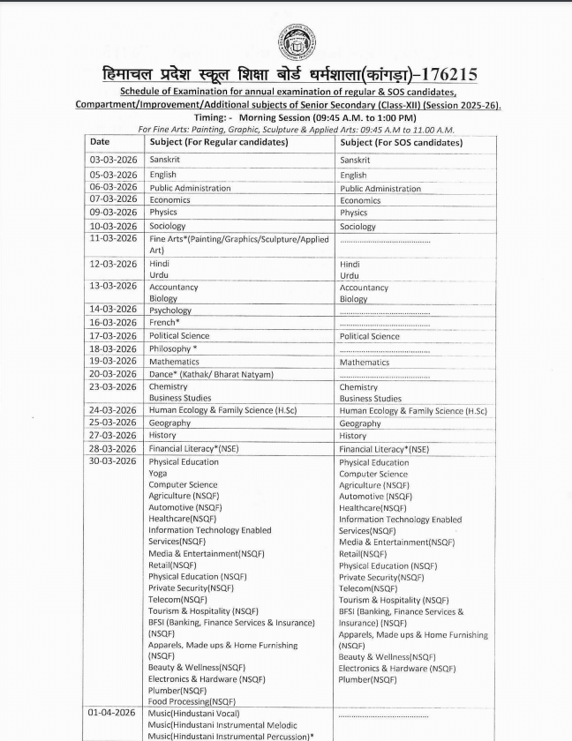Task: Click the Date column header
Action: (100, 141)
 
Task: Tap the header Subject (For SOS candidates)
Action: (401, 142)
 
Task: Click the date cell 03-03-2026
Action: (114, 160)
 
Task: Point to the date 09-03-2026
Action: (114, 212)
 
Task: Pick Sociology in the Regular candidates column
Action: (168, 226)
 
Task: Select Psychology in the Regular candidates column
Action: (170, 311)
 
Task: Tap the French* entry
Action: (164, 323)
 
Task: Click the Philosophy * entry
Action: (173, 348)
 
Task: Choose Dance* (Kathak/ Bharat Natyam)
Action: (211, 374)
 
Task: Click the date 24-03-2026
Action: (114, 410)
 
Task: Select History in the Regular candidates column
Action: (162, 436)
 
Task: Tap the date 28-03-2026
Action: (114, 448)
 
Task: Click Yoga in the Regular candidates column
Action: (158, 474)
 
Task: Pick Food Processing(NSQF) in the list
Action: (192, 700)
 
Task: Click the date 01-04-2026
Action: (114, 712)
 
